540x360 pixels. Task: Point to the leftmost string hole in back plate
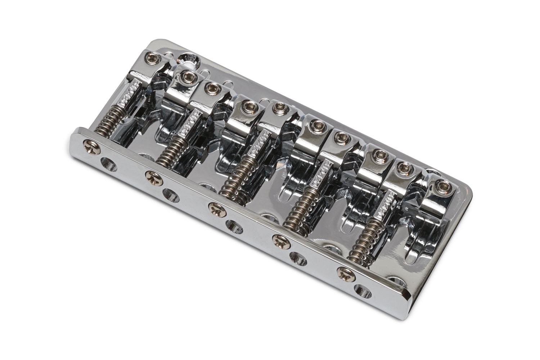coord(108,165)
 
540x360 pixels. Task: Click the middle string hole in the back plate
coord(233,227)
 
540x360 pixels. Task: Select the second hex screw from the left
coord(187,75)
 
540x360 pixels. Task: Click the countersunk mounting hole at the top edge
coord(187,57)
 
